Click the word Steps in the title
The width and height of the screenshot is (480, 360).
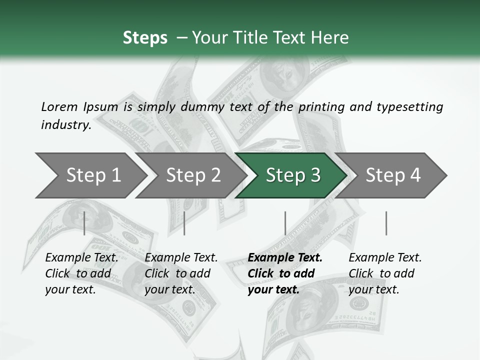click(145, 38)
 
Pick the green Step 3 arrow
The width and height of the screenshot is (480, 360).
click(293, 175)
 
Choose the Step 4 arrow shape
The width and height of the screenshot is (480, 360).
click(393, 175)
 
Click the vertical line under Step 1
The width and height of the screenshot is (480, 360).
click(84, 223)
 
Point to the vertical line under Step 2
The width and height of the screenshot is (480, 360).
click(184, 223)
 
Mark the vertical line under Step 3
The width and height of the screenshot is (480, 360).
click(285, 223)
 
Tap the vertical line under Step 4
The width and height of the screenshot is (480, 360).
click(386, 223)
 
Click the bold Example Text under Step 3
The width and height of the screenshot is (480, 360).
click(285, 258)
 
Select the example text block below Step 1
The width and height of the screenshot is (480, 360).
click(81, 273)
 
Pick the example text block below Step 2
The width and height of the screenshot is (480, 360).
click(181, 273)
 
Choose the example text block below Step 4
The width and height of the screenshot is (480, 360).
click(385, 273)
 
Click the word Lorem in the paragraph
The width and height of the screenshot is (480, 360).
click(59, 107)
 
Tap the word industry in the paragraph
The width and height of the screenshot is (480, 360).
click(66, 125)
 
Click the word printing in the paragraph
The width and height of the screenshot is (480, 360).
click(319, 107)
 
